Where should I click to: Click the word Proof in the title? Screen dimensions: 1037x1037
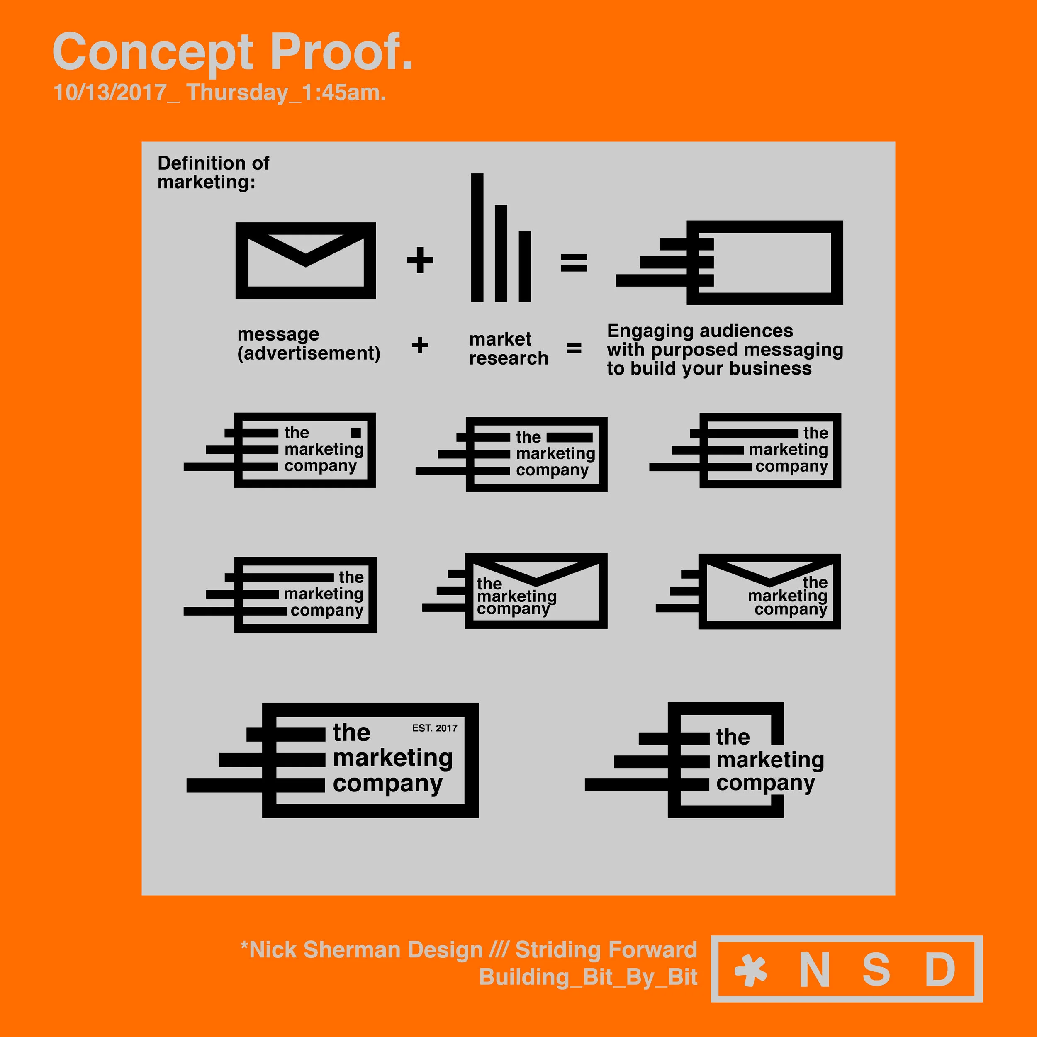point(341,52)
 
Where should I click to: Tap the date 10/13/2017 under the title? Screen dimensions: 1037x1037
point(110,93)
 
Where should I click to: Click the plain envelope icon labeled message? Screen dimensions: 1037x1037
point(305,261)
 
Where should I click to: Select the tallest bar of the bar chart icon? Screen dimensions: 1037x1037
point(477,237)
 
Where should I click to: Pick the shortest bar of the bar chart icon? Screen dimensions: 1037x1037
point(524,266)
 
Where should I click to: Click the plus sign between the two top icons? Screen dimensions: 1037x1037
point(420,260)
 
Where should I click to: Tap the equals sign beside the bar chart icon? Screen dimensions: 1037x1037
point(574,263)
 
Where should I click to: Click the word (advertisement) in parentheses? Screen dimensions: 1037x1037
point(309,353)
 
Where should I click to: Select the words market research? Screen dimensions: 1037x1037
point(508,348)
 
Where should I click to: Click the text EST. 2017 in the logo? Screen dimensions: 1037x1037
point(434,728)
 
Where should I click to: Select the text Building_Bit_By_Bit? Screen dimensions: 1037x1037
point(588,977)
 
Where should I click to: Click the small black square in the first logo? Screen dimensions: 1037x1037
point(355,433)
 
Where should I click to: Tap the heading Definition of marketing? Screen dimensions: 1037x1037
point(213,172)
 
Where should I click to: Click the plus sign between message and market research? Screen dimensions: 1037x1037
point(420,345)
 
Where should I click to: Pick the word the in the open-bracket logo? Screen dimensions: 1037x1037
point(733,737)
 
